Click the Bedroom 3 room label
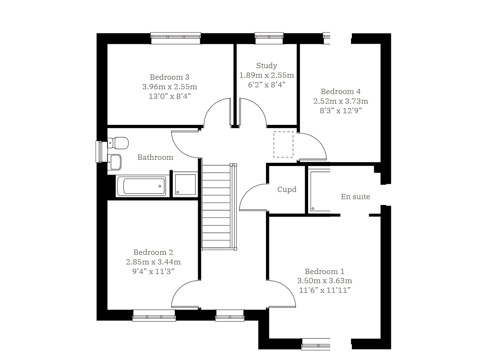tap(169, 77)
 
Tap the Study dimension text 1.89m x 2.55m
tap(266, 75)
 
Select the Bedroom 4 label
tap(340, 92)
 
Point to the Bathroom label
tap(155, 157)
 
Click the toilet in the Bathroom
tap(118, 143)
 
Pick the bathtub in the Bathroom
tap(143, 186)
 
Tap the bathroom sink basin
tap(115, 162)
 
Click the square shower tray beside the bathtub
tap(185, 185)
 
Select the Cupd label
tap(287, 190)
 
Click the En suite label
tap(355, 196)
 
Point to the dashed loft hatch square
tap(283, 144)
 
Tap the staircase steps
tap(216, 207)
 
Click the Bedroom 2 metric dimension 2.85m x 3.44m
tap(154, 262)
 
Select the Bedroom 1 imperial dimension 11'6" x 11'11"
tap(324, 290)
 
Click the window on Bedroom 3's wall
tap(176, 38)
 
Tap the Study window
tap(269, 38)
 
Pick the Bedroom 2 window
tap(154, 316)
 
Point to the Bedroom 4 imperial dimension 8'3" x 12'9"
tap(341, 110)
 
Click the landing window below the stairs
tap(229, 316)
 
